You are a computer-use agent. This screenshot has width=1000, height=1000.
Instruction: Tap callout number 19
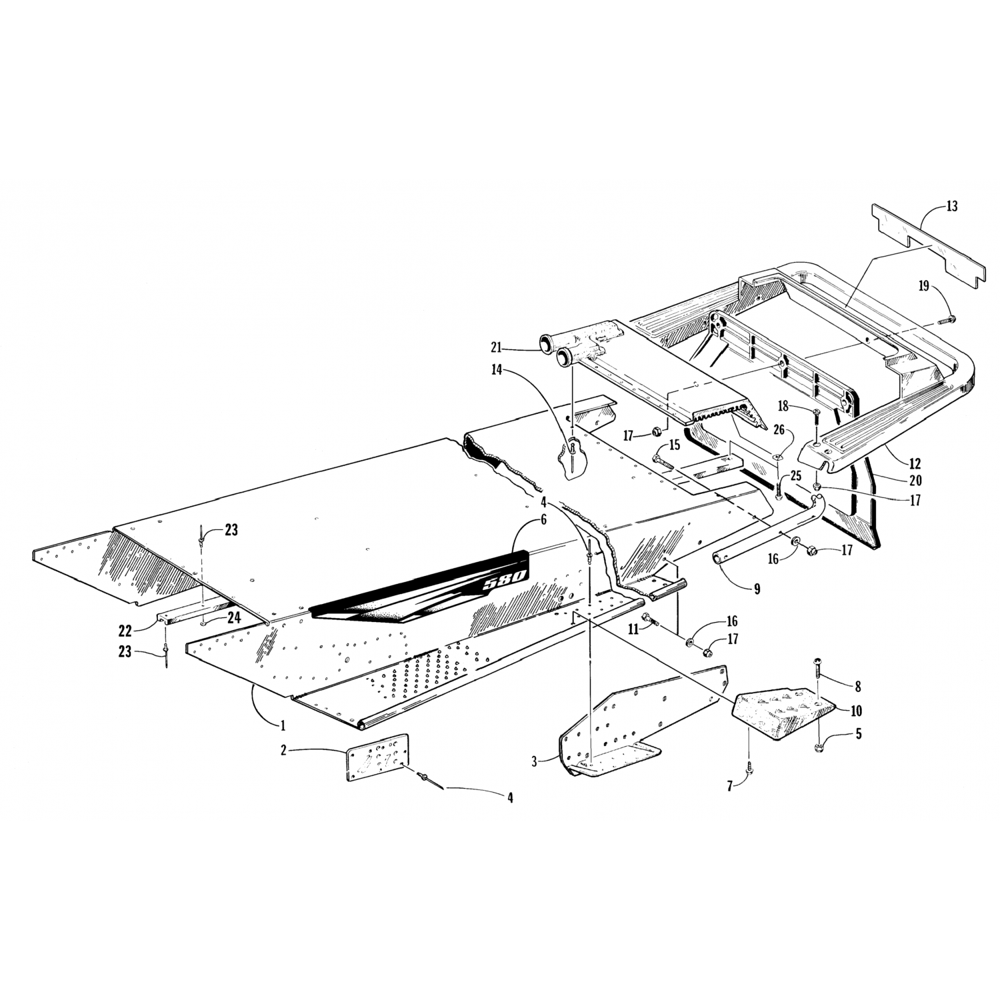tap(924, 287)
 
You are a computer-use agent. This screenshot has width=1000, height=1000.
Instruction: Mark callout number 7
tap(730, 787)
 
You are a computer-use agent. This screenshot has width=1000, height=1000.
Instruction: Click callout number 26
tap(779, 432)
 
